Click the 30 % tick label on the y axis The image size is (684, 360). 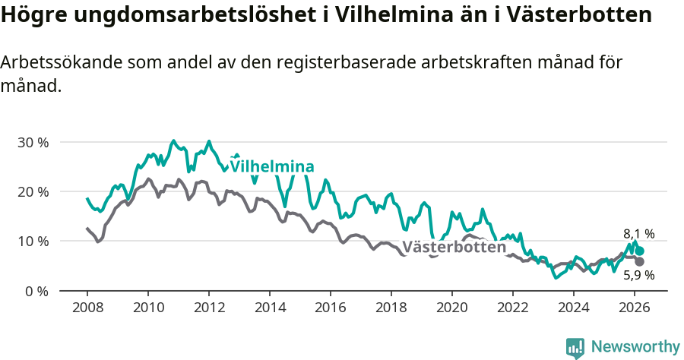pos(33,142)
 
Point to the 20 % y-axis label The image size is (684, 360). pos(33,191)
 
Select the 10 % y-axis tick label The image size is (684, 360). pos(33,241)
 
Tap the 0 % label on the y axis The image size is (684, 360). pos(36,291)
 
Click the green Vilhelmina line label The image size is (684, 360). pos(272,166)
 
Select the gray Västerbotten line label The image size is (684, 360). pos(454,247)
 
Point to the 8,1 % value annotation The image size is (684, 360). pos(638,234)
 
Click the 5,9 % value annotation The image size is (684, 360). pos(638,275)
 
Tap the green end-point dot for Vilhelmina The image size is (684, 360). pos(640,251)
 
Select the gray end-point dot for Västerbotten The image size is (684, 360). pos(640,261)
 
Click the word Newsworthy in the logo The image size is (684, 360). pos(635,347)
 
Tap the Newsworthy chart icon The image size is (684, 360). pos(575,348)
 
